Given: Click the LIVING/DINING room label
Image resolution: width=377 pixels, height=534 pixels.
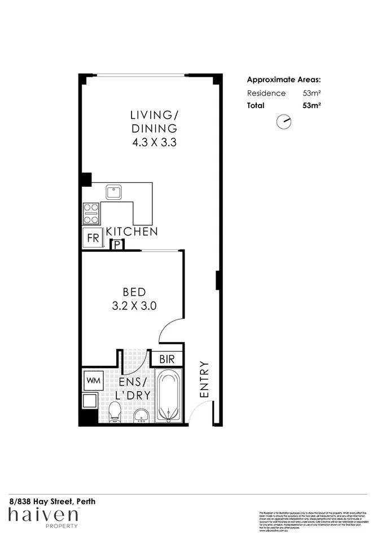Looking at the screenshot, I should (x=154, y=122).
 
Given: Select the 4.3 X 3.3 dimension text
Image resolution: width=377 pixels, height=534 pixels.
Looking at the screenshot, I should (x=154, y=143).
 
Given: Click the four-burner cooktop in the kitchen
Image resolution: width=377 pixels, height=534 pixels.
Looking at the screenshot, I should (x=91, y=213).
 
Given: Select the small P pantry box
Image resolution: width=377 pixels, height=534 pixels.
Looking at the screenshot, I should (x=118, y=244).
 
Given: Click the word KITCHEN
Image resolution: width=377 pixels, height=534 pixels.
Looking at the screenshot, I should (x=132, y=231).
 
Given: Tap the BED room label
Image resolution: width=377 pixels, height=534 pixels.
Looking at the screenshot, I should (x=134, y=292).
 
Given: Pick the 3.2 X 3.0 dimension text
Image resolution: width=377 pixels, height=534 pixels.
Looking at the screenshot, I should (x=134, y=306).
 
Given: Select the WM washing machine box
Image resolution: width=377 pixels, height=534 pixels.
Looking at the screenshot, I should (x=93, y=380).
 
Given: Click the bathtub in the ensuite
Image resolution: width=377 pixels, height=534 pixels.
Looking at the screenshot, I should (x=168, y=396).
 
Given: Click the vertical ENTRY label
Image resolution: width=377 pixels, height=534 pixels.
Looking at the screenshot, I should (x=204, y=380).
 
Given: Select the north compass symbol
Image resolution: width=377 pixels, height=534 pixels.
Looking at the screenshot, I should (x=284, y=121).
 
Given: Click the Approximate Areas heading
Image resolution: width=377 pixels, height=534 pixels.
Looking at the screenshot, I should (x=284, y=80).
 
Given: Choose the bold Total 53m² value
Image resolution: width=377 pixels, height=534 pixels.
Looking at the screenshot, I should (x=312, y=104).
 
